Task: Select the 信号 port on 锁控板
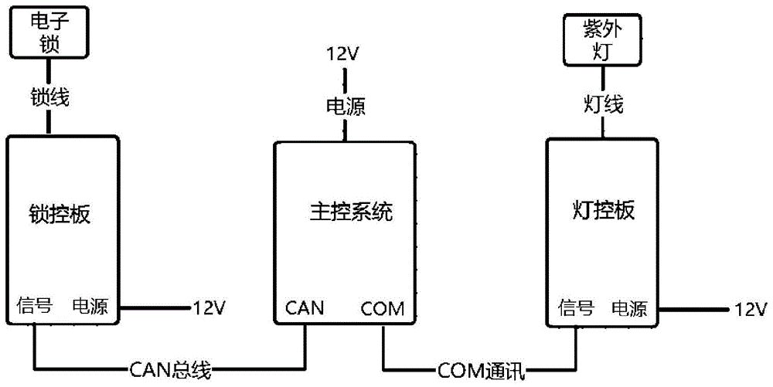pos(34,307)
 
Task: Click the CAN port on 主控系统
pos(305,309)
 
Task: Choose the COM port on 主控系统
pos(382,309)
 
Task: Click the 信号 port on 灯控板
pos(575,309)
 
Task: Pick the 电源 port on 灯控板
pos(630,309)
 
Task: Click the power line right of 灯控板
pos(692,309)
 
